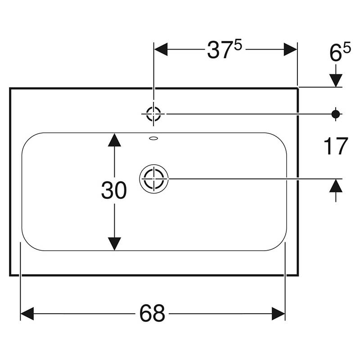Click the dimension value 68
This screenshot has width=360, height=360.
coord(152,313)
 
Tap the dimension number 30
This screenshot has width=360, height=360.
coord(114,191)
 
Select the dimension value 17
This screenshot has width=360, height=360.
coord(336,146)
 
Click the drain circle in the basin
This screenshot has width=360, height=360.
coord(153,179)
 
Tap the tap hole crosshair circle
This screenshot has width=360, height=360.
coord(153,114)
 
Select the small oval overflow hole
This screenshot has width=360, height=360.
coord(153,138)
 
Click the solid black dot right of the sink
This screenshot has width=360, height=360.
coord(335,114)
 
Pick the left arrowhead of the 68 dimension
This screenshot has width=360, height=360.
coord(27,313)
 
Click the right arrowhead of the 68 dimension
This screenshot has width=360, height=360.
coord(279,313)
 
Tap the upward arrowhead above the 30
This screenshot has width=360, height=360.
coord(115,139)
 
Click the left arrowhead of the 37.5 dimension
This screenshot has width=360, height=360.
coord(161,49)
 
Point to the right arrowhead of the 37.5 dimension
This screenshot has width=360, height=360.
coord(291,49)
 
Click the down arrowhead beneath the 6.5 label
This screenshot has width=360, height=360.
coord(335,80)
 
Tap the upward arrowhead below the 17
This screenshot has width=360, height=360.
coord(335,185)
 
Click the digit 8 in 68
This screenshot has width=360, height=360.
coord(158,313)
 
